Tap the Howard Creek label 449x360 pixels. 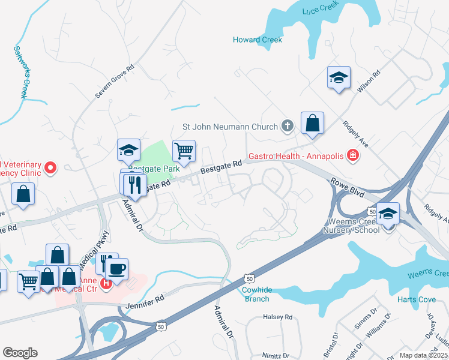(x=258, y=40)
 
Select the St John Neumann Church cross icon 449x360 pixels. (x=288, y=126)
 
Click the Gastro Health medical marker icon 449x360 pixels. (x=353, y=156)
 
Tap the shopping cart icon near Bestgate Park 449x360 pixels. (x=184, y=150)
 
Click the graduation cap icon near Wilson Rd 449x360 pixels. (x=339, y=78)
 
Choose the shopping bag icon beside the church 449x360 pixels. (x=312, y=124)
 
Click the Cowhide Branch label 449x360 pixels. (x=257, y=294)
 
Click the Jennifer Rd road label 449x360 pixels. (x=145, y=302)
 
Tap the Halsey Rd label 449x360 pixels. (x=277, y=317)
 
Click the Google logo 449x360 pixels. (x=20, y=353)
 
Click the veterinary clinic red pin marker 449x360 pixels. (x=50, y=168)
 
